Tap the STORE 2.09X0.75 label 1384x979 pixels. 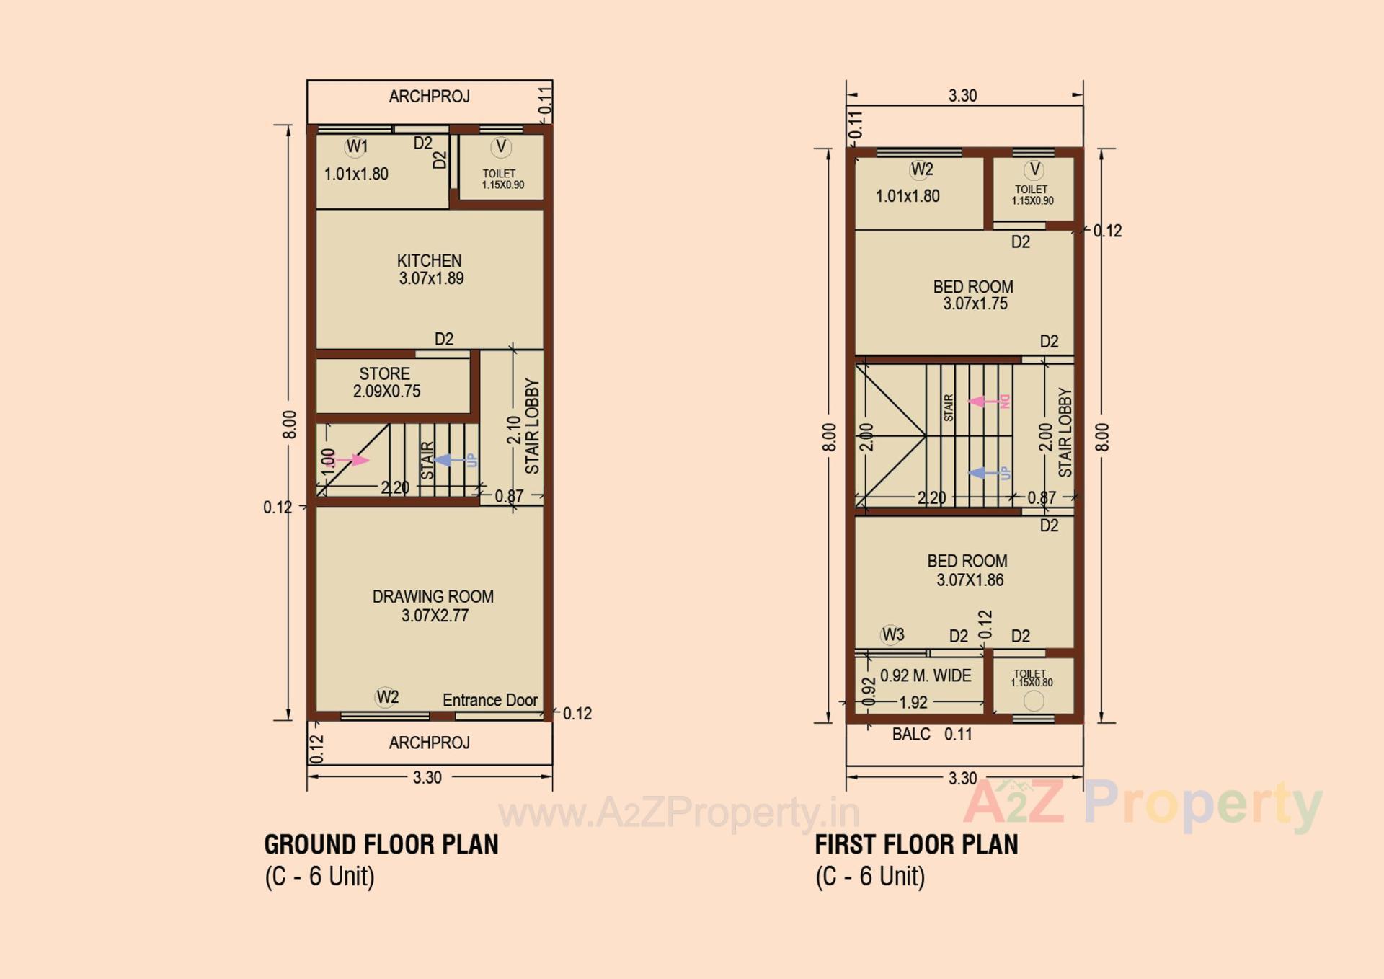coord(386,383)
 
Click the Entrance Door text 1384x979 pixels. coord(490,700)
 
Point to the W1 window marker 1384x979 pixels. coord(356,147)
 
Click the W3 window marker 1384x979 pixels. coord(892,634)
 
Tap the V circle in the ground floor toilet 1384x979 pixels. coord(501,147)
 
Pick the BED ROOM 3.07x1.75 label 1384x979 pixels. coord(973,295)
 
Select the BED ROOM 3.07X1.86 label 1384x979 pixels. coord(967,570)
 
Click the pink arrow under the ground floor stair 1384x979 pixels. coord(353,460)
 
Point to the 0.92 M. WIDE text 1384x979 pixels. coord(926,675)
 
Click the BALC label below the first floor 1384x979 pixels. coord(911,734)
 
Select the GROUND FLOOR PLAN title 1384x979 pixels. coord(381,844)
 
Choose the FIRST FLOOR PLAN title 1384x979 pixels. coord(916,844)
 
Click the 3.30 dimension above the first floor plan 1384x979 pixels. coord(962,95)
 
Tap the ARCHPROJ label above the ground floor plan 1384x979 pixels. coord(430,97)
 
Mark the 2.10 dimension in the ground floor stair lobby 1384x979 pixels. coord(513,430)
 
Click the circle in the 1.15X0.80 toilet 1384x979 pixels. coord(1034,701)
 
